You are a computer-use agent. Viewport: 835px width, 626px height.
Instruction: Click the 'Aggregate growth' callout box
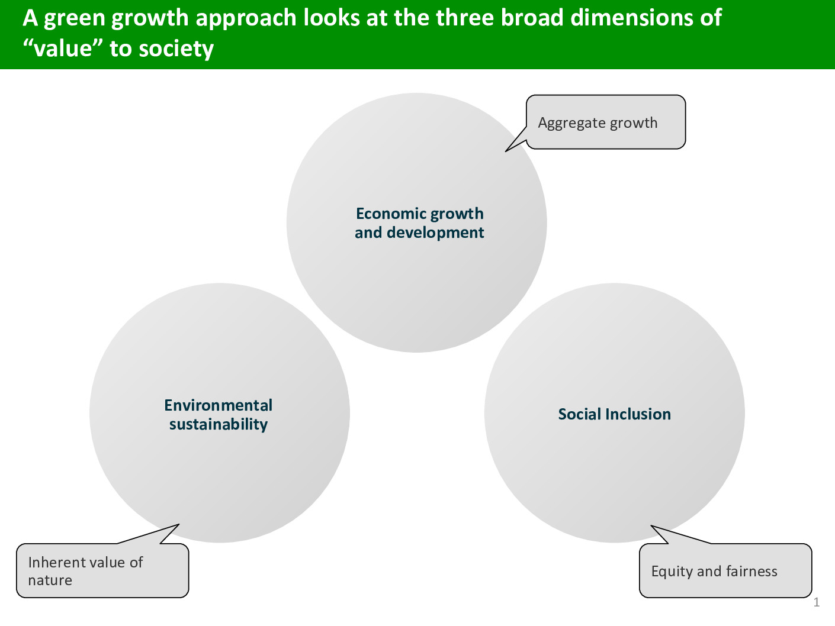pyautogui.click(x=606, y=122)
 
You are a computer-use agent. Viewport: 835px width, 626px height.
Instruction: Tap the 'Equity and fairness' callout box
pyautogui.click(x=725, y=570)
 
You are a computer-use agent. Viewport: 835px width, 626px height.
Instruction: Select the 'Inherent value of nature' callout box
pyautogui.click(x=102, y=570)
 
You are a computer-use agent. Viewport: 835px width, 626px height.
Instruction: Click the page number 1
pyautogui.click(x=817, y=602)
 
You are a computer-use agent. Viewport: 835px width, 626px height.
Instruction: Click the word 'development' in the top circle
pyautogui.click(x=435, y=232)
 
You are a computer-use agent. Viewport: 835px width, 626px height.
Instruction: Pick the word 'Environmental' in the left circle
pyautogui.click(x=219, y=405)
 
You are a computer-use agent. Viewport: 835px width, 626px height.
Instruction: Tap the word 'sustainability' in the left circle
pyautogui.click(x=219, y=424)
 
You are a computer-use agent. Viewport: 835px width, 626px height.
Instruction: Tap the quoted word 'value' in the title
pyautogui.click(x=63, y=49)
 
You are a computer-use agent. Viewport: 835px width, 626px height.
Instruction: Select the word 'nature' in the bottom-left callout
pyautogui.click(x=50, y=580)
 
